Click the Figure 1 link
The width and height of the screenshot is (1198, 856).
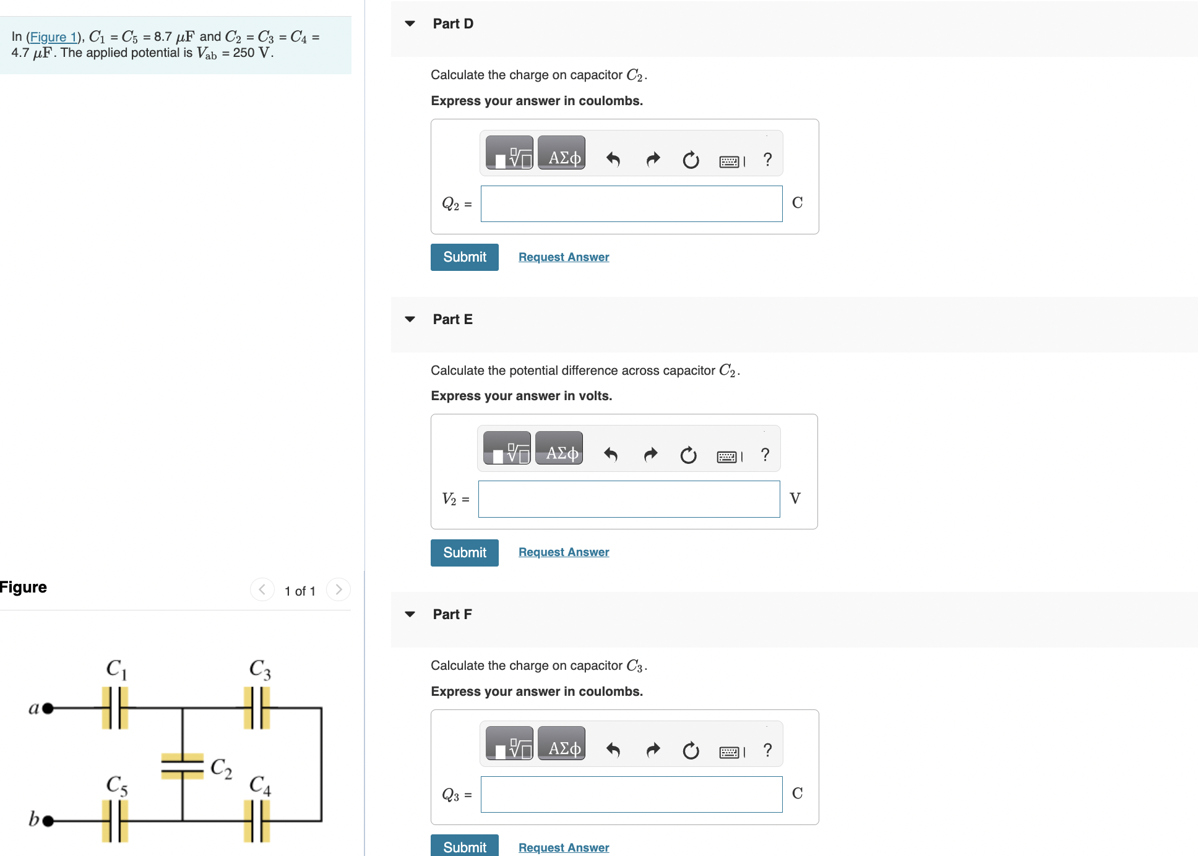(x=53, y=37)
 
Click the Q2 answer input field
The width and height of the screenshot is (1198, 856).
(x=631, y=203)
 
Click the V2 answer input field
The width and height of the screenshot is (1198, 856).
(x=629, y=499)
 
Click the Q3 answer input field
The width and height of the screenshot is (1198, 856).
(x=631, y=794)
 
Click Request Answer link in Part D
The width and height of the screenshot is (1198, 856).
(x=563, y=257)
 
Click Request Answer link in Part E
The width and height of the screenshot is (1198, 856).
(x=563, y=552)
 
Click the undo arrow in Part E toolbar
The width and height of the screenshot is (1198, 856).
(x=611, y=455)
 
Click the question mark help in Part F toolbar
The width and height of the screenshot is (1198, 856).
(x=767, y=750)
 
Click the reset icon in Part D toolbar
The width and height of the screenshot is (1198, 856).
(x=691, y=160)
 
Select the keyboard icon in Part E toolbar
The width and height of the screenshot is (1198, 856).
(x=728, y=456)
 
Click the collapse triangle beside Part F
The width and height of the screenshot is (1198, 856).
(x=410, y=614)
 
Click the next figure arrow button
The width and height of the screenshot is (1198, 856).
(x=338, y=589)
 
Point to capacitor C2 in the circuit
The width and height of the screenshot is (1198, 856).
(x=183, y=766)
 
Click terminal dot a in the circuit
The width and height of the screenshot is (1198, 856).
(x=48, y=708)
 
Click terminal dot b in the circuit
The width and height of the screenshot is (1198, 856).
(x=48, y=821)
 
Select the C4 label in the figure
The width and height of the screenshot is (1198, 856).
(x=260, y=785)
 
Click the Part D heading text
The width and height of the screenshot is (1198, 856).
(x=453, y=24)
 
